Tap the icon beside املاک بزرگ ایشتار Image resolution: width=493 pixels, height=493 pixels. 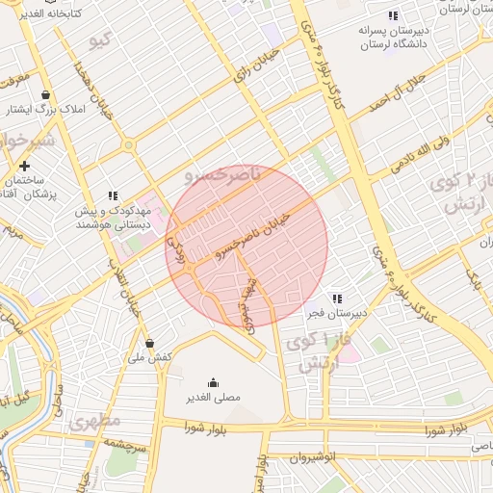(x=46, y=95)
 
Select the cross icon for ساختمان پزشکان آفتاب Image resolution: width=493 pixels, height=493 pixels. (x=24, y=166)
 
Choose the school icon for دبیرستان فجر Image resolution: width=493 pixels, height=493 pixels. (x=336, y=299)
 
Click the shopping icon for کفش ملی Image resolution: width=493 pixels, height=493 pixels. (x=149, y=343)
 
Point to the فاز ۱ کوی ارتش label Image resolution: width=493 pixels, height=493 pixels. (x=321, y=353)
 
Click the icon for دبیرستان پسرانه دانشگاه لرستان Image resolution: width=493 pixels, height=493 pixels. (x=392, y=15)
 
